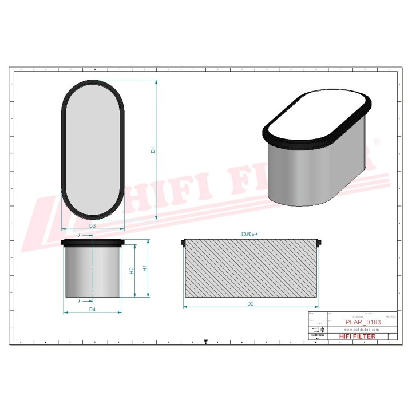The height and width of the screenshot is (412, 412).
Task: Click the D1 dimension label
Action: (153, 150)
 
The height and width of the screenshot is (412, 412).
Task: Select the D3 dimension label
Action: (92, 227)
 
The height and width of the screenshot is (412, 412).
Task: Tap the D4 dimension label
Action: (92, 310)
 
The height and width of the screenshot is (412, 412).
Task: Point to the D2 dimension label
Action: (250, 304)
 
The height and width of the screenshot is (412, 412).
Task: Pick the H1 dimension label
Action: (145, 268)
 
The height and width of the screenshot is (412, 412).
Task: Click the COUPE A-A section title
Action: (250, 235)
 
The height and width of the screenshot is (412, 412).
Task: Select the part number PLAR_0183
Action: (363, 322)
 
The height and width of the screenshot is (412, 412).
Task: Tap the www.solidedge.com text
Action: (363, 330)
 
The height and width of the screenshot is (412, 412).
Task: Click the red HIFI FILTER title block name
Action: (358, 336)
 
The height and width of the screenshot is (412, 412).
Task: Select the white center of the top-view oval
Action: (92, 150)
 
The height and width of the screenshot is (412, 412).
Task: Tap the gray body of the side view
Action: (92, 272)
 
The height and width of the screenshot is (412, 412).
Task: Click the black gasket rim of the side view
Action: (92, 243)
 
